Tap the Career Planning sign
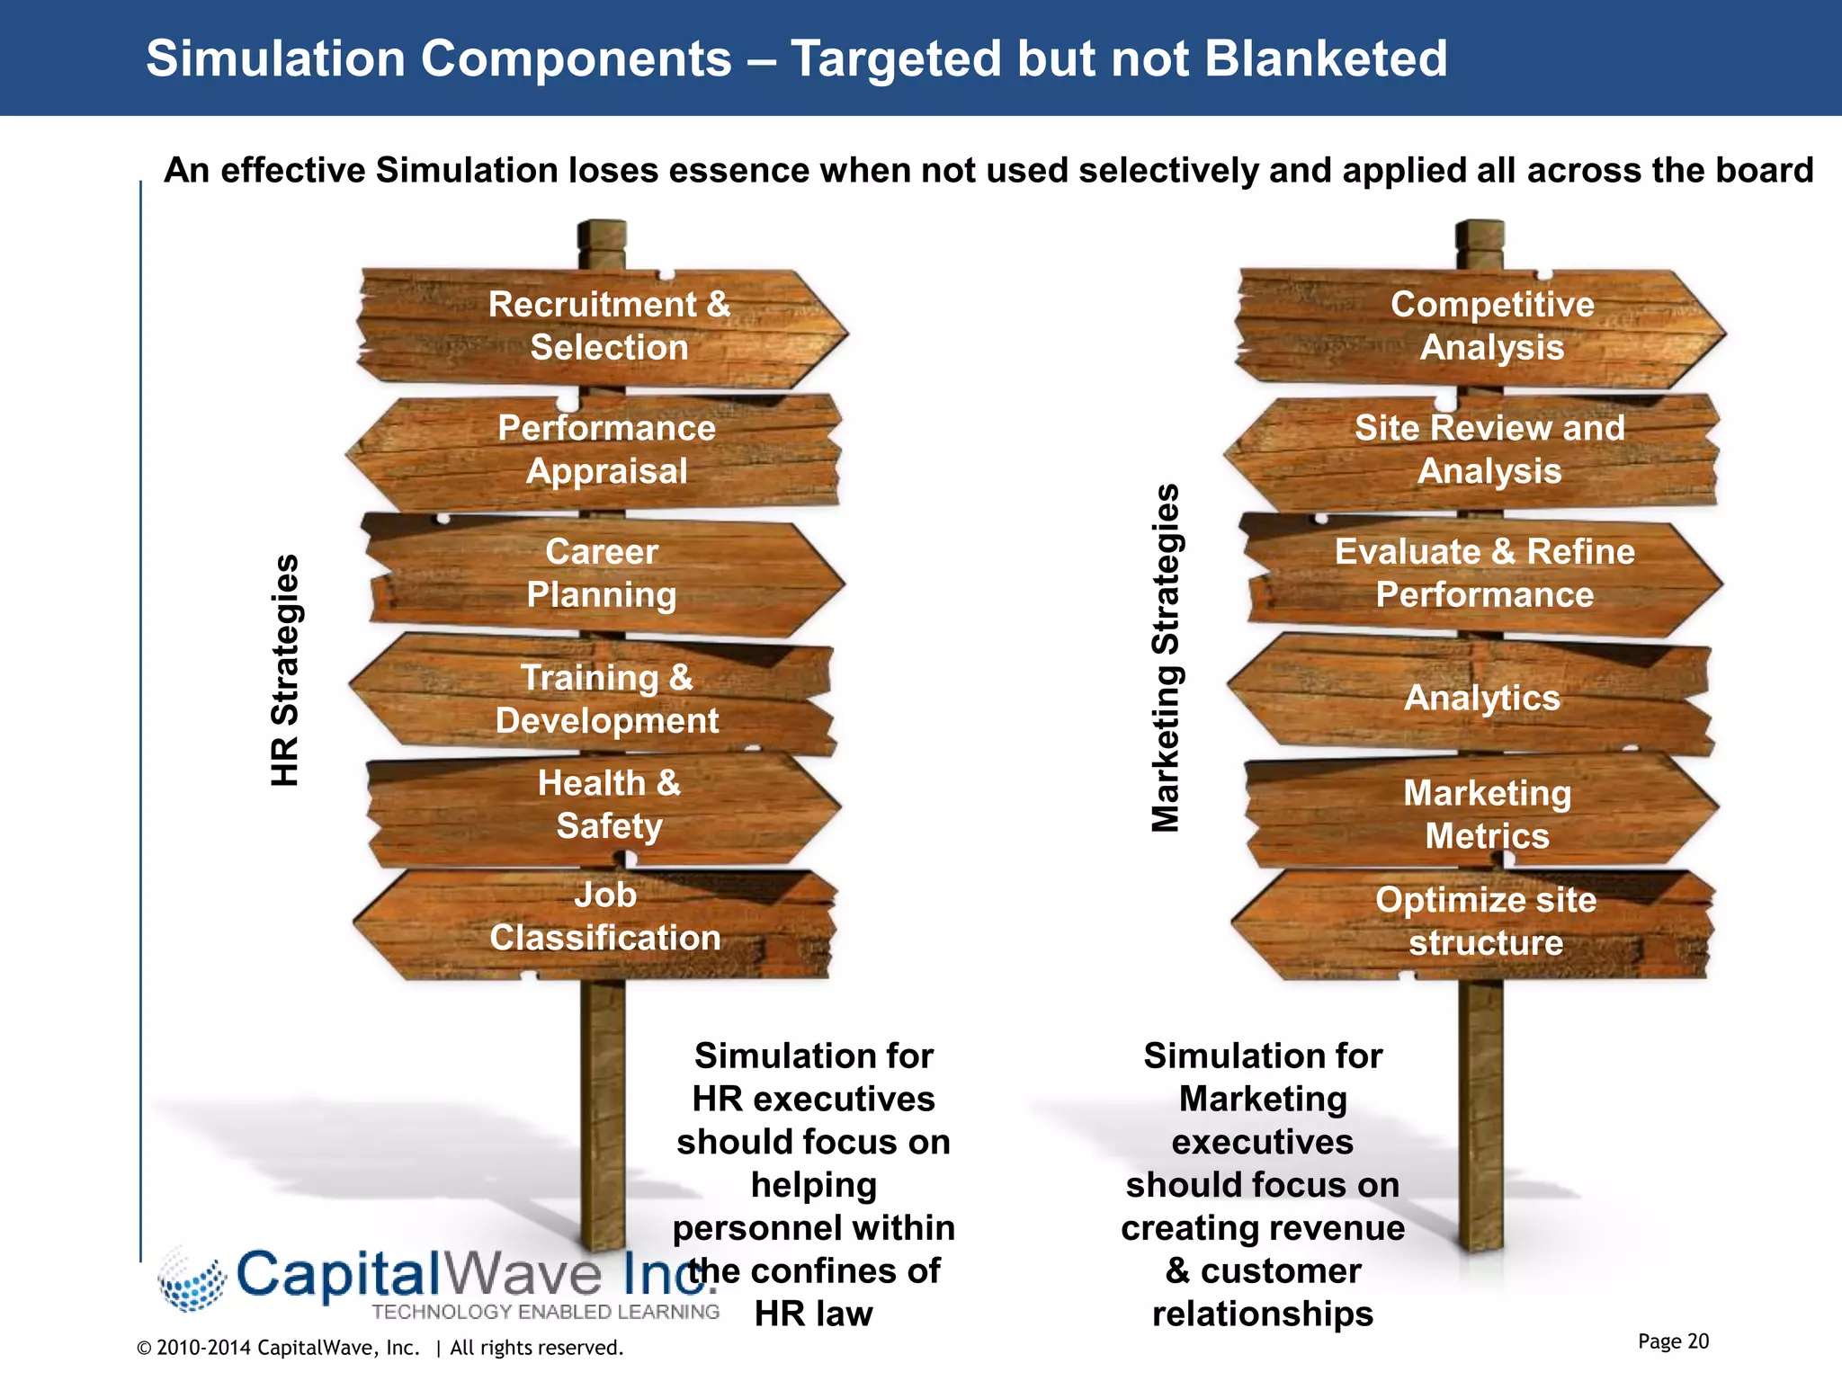(x=602, y=574)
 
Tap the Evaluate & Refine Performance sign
(x=1484, y=574)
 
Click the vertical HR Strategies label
(x=285, y=671)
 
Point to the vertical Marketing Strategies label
(x=1166, y=658)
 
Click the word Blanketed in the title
(x=1325, y=59)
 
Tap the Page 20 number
(x=1673, y=1341)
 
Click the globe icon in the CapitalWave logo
(x=191, y=1280)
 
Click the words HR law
(x=813, y=1314)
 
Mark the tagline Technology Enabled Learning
(x=545, y=1312)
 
